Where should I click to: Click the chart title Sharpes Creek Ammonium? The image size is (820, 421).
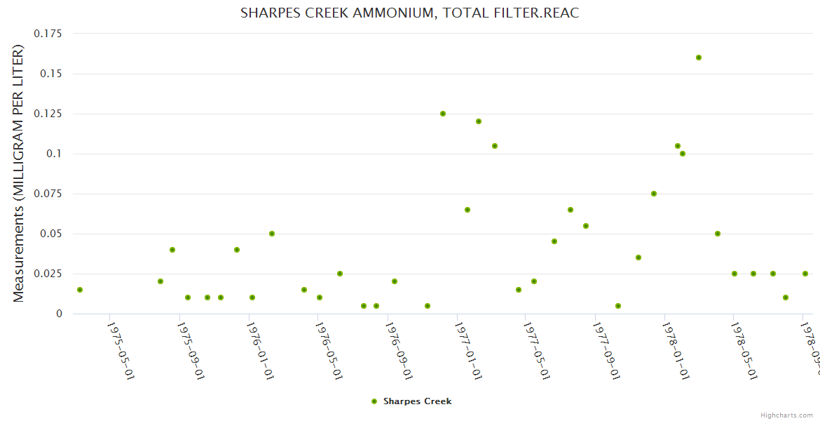coord(409,13)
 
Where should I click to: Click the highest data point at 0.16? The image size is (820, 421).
coord(699,58)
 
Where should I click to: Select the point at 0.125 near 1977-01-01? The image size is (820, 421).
coord(443,114)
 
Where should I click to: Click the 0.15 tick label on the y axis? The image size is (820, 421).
coord(50,74)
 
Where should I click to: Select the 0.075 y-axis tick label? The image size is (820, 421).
coord(48,194)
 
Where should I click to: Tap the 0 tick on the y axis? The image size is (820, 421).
coord(59,314)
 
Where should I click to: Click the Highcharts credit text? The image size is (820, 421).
coord(787,415)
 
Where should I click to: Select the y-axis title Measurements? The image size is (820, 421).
coord(19,174)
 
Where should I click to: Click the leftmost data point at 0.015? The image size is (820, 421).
coord(80,290)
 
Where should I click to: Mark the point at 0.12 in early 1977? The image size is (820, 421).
coord(479,121)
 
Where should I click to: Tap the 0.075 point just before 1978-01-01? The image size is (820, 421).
coord(654,194)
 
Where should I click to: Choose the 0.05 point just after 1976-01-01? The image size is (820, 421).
coord(272,234)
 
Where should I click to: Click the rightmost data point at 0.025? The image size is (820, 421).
coord(805,274)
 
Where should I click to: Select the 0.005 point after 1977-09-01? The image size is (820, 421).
coord(618,306)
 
